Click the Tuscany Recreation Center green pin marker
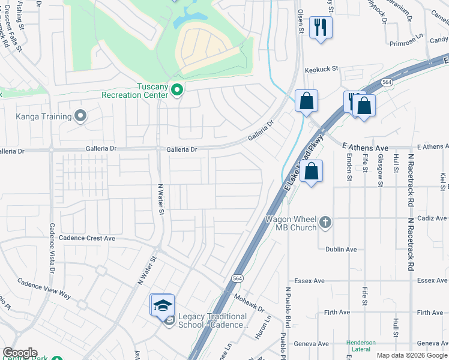177,90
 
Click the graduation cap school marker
162,305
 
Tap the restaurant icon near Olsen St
321,28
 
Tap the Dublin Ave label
341,249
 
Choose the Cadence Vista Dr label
52,248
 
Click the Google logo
20,353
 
